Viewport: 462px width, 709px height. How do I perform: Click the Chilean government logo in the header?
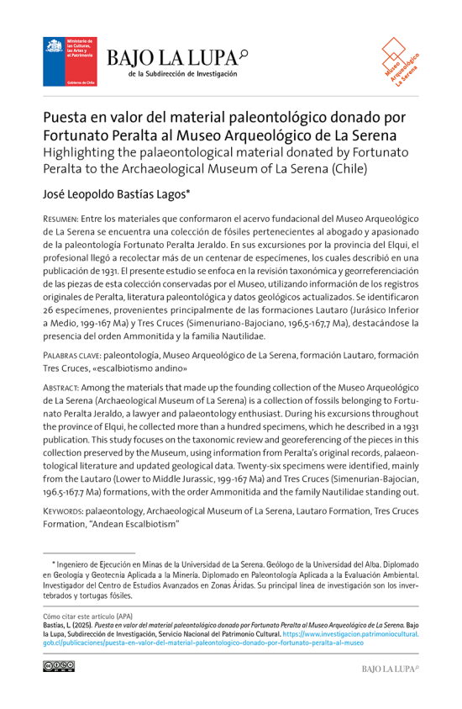point(71,61)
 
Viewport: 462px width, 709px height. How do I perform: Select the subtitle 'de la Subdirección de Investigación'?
point(182,75)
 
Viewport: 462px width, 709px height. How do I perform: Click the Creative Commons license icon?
point(59,666)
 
